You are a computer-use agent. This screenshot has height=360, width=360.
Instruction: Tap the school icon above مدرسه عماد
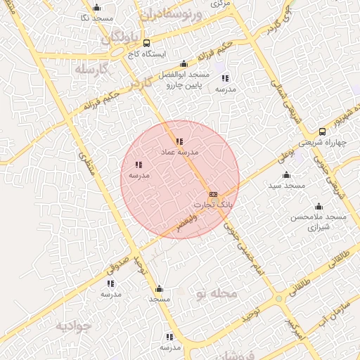179,142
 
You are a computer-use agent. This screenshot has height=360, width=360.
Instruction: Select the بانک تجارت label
212,204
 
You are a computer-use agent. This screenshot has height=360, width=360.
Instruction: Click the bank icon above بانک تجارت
213,194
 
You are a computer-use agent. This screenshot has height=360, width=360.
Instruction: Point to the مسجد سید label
286,185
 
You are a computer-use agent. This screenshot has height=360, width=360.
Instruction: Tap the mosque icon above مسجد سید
286,175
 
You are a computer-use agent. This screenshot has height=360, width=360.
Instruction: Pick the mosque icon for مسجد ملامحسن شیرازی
319,207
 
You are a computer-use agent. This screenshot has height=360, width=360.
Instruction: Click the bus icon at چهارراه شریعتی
322,131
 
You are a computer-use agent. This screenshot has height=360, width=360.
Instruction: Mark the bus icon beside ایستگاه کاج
146,43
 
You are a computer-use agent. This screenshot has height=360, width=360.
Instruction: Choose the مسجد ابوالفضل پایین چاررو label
184,79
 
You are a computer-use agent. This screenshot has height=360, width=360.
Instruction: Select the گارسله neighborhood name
94,70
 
